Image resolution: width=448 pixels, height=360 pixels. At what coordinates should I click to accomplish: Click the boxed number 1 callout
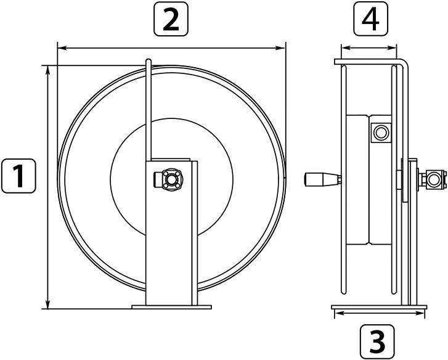tap(18, 176)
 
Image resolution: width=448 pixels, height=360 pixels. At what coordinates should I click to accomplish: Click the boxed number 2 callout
tap(171, 19)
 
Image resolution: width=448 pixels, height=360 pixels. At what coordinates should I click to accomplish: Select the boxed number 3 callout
tap(377, 342)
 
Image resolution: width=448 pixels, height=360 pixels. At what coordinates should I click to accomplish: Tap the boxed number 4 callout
tap(370, 18)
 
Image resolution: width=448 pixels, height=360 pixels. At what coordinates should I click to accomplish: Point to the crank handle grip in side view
tap(322, 179)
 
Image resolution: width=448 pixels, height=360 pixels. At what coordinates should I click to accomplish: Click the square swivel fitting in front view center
tap(171, 179)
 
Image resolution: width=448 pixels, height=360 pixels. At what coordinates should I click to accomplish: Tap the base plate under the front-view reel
tap(171, 307)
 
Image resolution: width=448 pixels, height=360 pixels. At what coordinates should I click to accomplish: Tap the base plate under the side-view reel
tap(379, 307)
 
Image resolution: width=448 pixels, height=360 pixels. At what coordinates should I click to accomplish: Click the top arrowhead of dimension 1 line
tap(48, 70)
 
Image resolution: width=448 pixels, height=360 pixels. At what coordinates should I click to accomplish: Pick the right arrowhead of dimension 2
tap(280, 48)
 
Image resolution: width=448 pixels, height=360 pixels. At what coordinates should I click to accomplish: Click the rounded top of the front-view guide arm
tap(149, 61)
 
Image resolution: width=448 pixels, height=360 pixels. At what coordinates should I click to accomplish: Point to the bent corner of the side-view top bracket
tap(405, 63)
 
